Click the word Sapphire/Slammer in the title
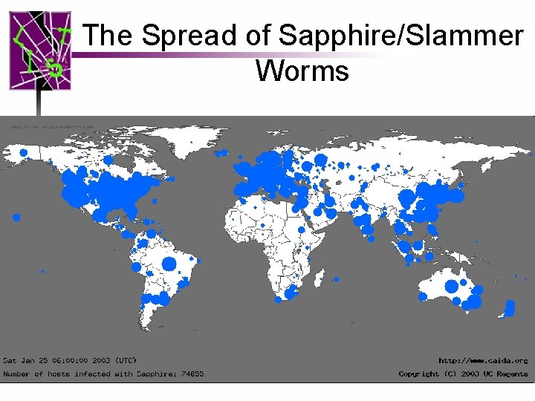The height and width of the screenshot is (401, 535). click(x=400, y=35)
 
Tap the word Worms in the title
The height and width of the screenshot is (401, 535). click(x=302, y=71)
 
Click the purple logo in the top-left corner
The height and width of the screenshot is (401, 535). click(x=40, y=50)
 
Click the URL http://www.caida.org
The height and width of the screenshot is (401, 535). click(x=483, y=360)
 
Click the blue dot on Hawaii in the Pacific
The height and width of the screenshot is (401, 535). click(x=16, y=218)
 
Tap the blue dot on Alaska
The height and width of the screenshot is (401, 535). click(x=24, y=152)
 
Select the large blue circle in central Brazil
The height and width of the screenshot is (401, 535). click(x=169, y=264)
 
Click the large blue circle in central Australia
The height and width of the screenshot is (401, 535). click(x=451, y=286)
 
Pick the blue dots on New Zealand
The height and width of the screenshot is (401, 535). click(x=509, y=307)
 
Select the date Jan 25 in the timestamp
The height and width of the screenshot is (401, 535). click(x=34, y=360)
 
